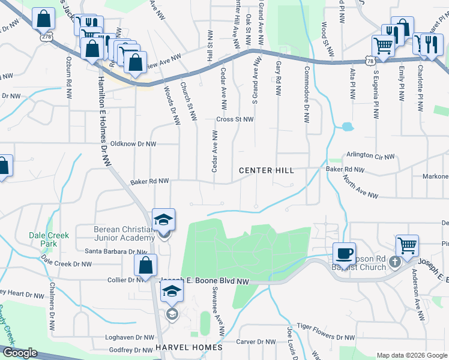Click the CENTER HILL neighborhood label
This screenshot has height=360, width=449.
coord(267,170)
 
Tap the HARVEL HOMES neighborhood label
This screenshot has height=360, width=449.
coord(188,347)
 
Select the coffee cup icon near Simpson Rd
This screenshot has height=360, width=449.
coord(345,253)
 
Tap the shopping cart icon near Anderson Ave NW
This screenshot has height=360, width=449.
coord(407,245)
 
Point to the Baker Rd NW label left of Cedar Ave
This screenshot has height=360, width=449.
coord(150,181)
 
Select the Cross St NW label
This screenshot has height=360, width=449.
coord(235,119)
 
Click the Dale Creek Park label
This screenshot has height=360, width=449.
coord(43,240)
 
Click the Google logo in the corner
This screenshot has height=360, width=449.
coord(20,353)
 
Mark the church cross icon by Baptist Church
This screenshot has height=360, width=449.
coord(394,262)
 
